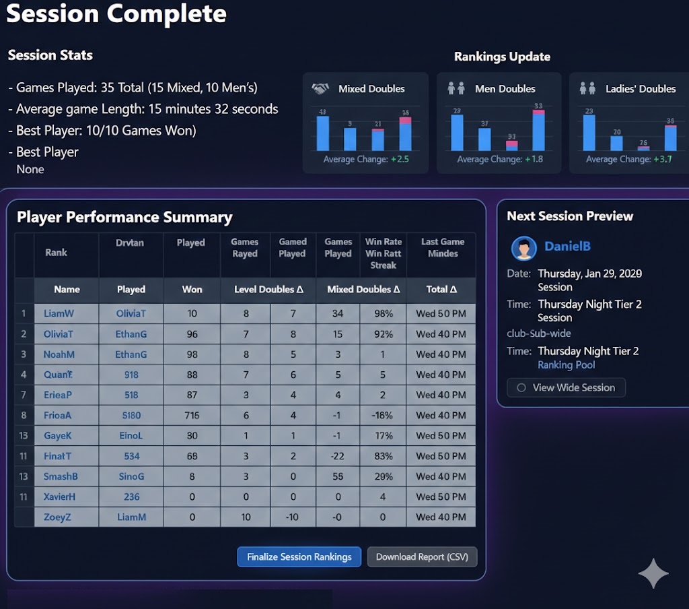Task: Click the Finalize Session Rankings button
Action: [299, 557]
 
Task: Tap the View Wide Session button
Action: [566, 387]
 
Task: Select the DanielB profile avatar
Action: [523, 247]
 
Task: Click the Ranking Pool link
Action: [566, 365]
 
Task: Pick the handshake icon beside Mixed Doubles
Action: [320, 89]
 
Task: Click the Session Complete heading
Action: [116, 13]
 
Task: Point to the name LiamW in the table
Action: [59, 313]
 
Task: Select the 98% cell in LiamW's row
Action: [383, 313]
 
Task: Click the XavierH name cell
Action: [59, 496]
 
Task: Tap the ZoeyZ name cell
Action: [57, 517]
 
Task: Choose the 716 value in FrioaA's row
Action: [192, 415]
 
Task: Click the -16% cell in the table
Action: [383, 415]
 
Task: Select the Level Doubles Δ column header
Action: [268, 289]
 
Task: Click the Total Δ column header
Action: [441, 289]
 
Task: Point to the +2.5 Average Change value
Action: [400, 160]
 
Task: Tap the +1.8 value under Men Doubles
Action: [534, 160]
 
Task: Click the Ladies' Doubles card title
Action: [640, 89]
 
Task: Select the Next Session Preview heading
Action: [570, 216]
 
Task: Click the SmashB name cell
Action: [61, 476]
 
